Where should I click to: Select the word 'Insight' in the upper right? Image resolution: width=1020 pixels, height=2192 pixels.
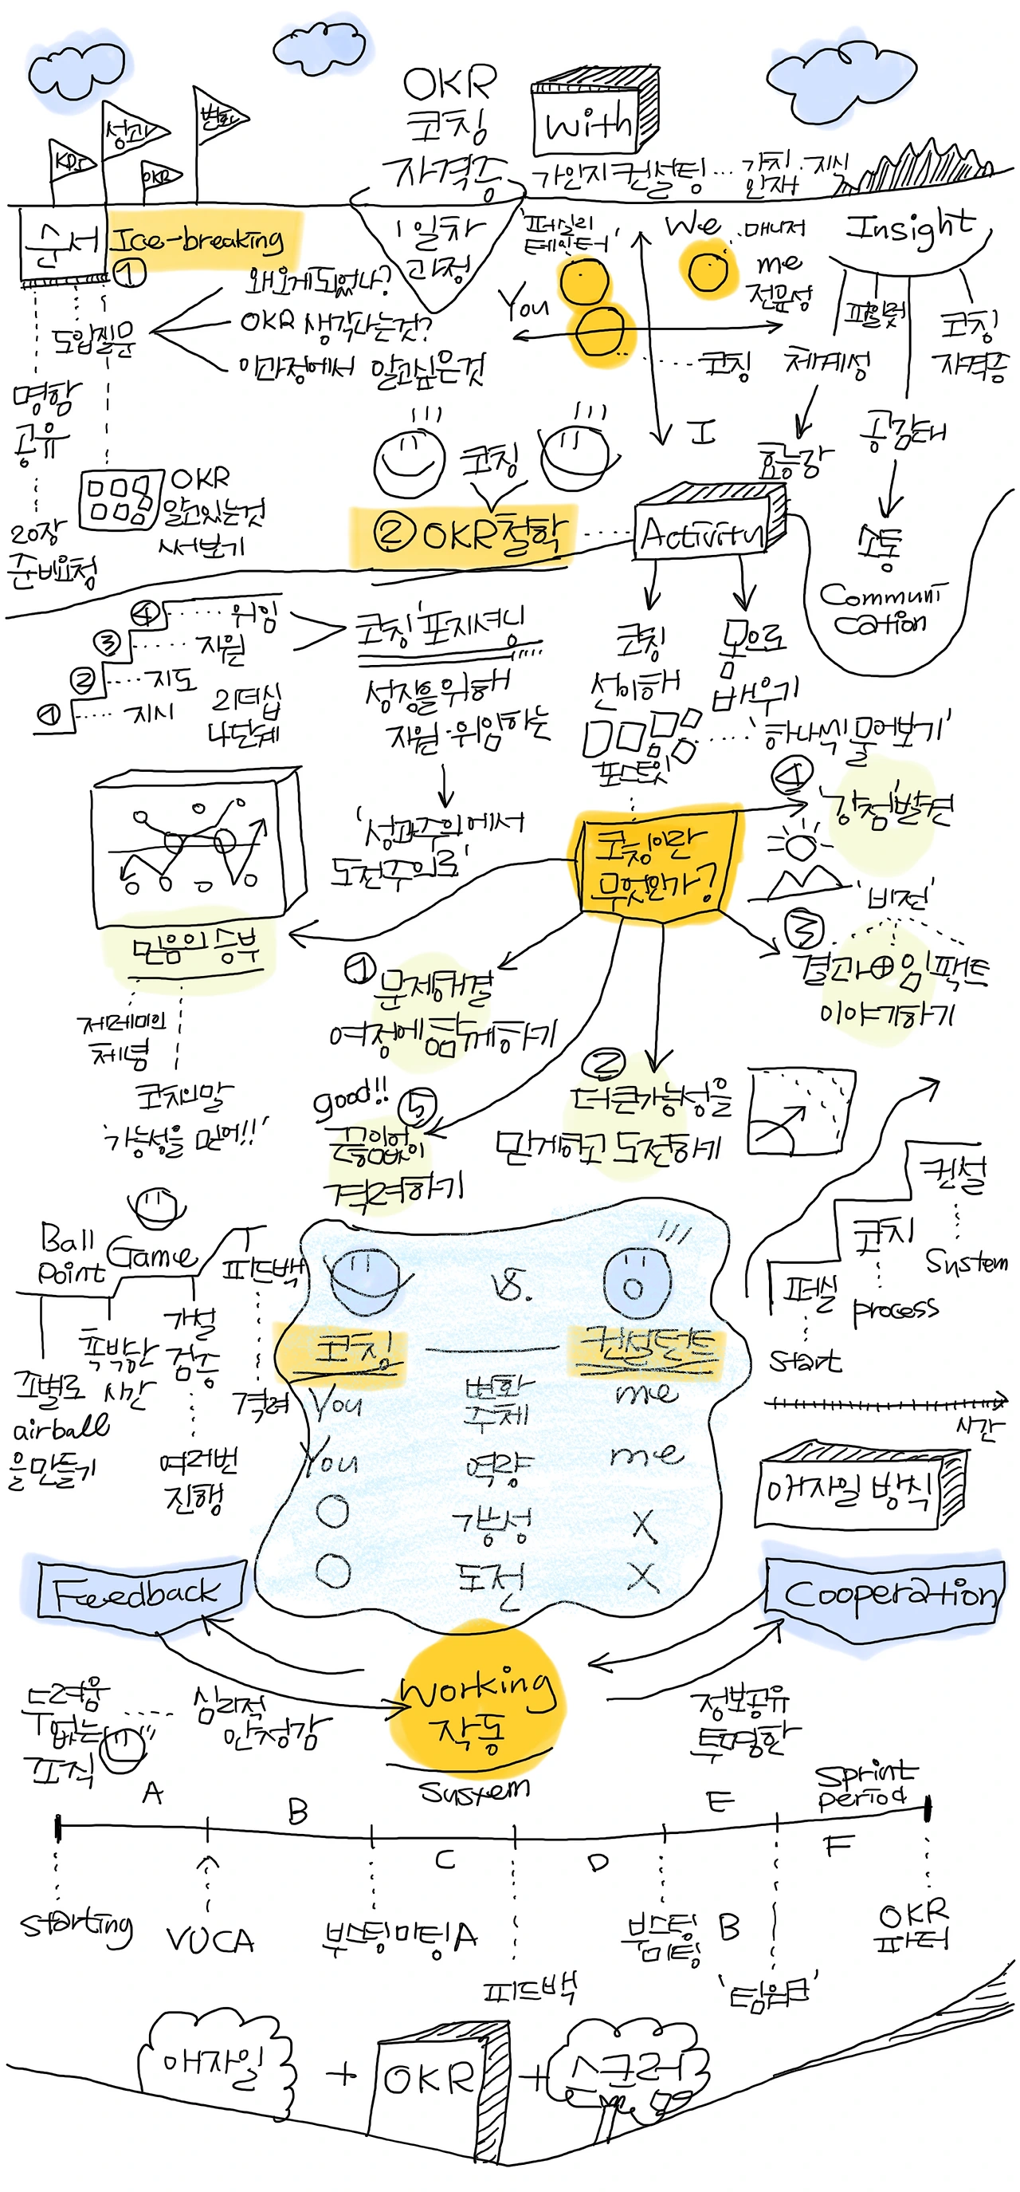pyautogui.click(x=908, y=227)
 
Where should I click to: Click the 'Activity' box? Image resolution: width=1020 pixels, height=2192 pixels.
pyautogui.click(x=702, y=534)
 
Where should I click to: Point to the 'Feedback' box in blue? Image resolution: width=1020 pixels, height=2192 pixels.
pyautogui.click(x=136, y=1593)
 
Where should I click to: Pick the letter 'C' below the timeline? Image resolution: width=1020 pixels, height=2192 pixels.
pyautogui.click(x=444, y=1859)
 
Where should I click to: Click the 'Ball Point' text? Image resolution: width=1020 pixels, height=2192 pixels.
pyautogui.click(x=70, y=1253)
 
